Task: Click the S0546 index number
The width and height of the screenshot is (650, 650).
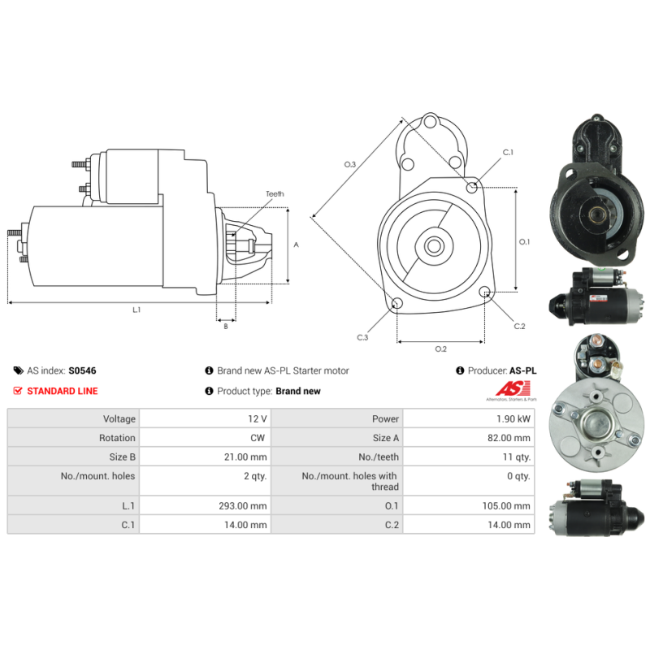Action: (x=82, y=370)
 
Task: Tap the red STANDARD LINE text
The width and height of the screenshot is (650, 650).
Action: (x=63, y=391)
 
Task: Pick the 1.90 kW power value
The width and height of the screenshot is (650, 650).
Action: (x=513, y=418)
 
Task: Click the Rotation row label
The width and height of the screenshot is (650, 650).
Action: (x=117, y=438)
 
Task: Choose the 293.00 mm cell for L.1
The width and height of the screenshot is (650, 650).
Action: (x=243, y=505)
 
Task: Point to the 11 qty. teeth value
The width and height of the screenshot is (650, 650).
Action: (x=517, y=457)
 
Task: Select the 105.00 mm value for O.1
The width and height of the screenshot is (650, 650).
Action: (x=506, y=505)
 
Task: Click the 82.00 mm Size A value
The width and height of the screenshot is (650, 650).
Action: (x=509, y=438)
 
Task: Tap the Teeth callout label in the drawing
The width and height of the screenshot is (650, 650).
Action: (x=275, y=194)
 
